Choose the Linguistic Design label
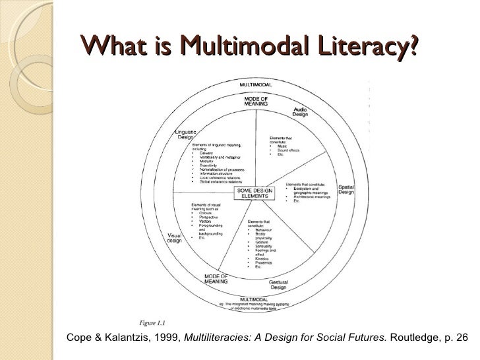point(186,134)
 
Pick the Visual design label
point(174,237)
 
